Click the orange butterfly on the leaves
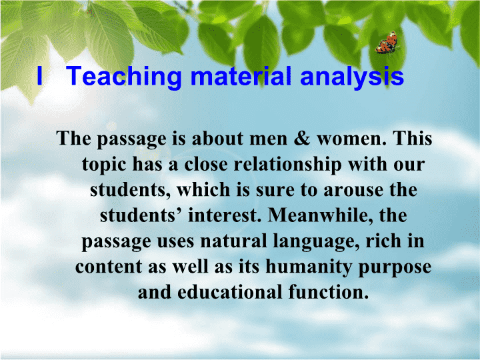387,43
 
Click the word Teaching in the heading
124,77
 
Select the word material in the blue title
241,76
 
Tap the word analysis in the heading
352,77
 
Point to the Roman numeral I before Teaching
39,75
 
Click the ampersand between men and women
302,139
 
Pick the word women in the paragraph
352,139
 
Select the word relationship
288,165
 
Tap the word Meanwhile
321,215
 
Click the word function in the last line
328,292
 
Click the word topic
104,165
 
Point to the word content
109,267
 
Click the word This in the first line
413,139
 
